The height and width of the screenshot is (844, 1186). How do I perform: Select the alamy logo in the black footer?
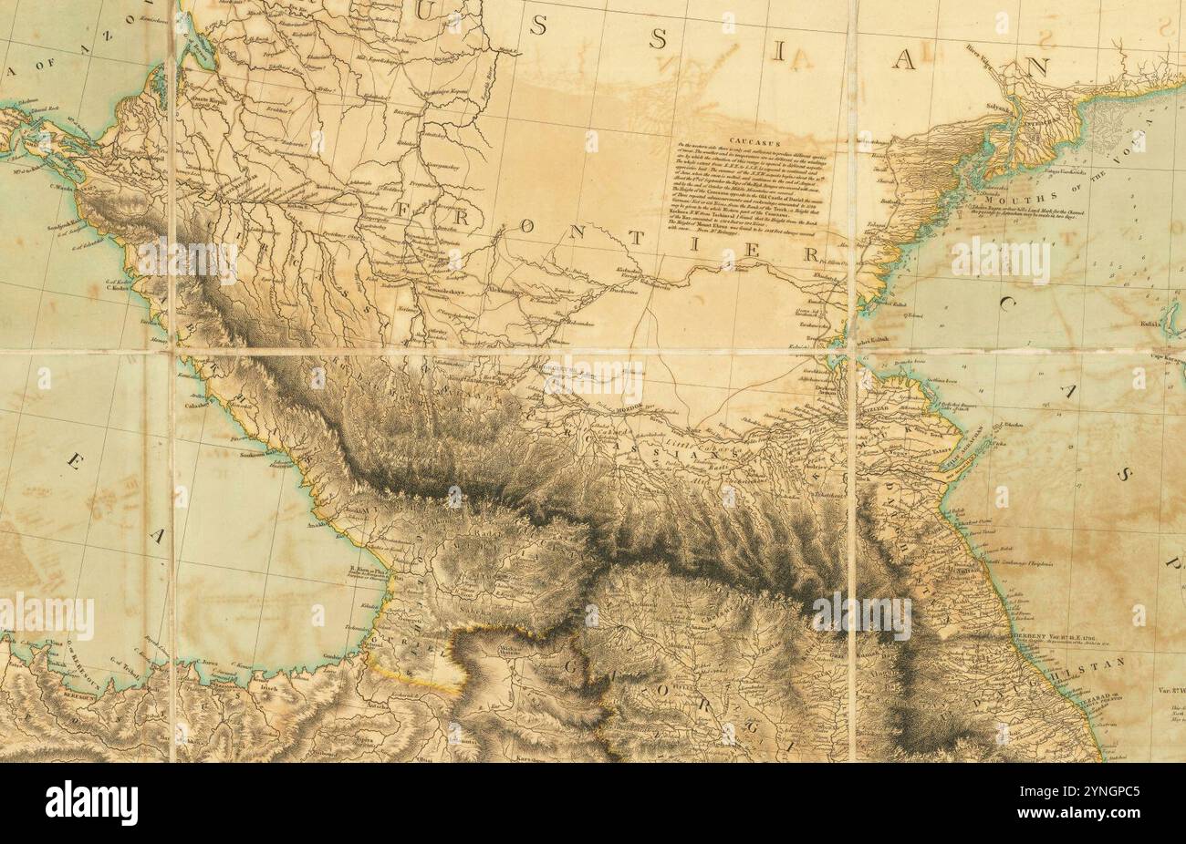coord(92,803)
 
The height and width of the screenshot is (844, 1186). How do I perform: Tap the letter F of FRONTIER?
coord(408,211)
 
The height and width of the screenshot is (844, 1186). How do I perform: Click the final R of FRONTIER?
coord(810,255)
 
